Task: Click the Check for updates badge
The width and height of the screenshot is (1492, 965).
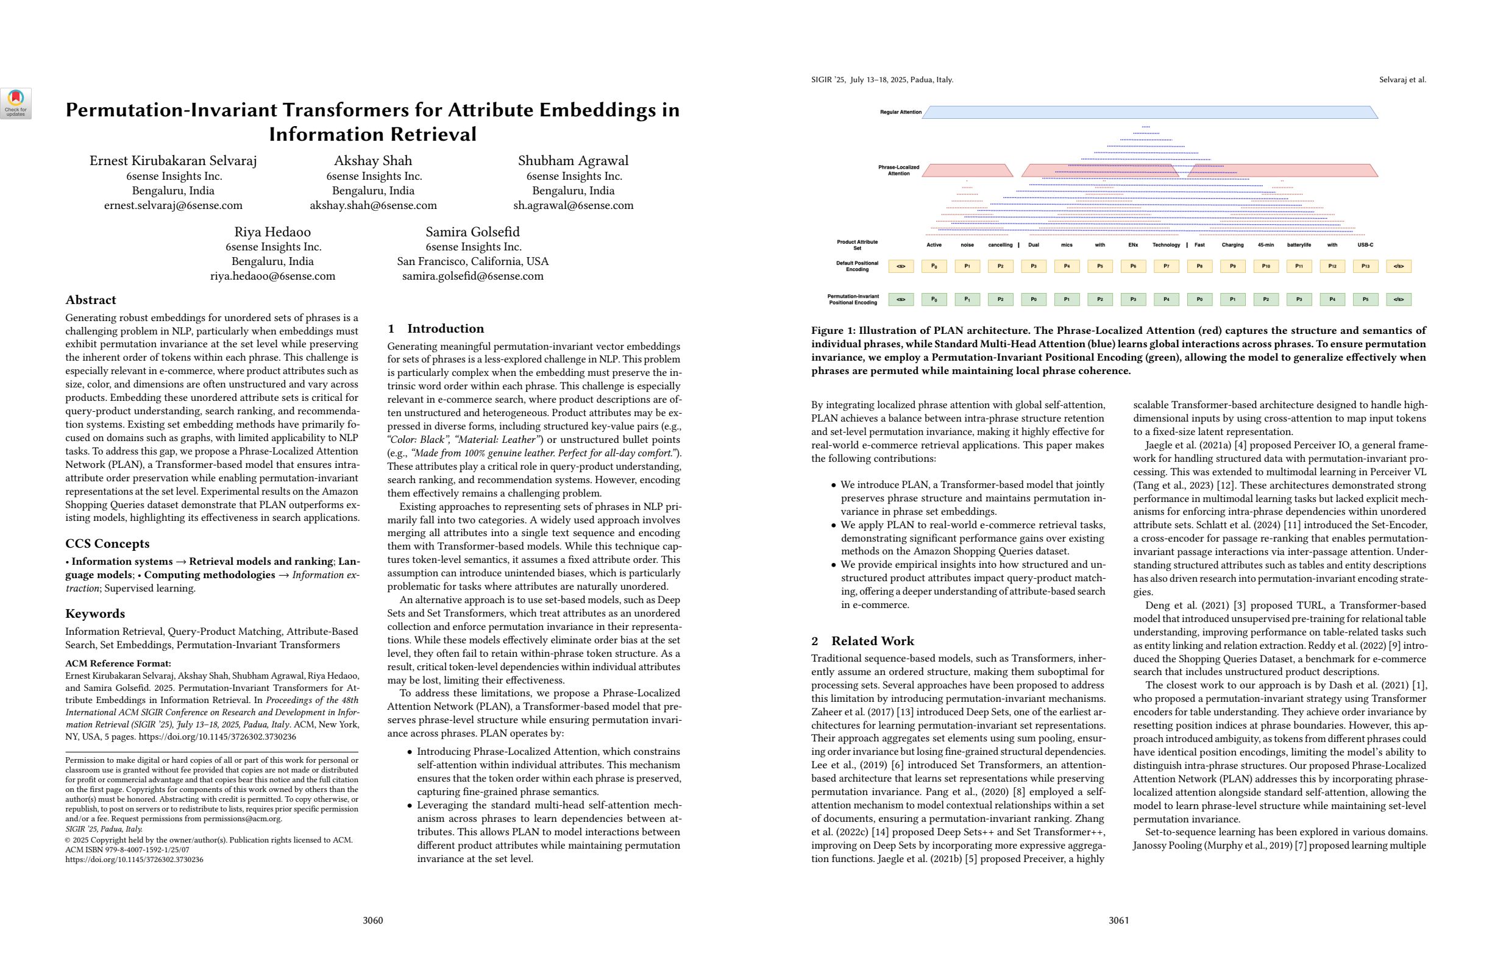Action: [x=16, y=104]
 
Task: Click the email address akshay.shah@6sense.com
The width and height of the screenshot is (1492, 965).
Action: [x=373, y=205]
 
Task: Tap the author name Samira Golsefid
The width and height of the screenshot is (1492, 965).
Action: [x=473, y=232]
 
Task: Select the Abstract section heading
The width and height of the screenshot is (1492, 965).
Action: [x=90, y=300]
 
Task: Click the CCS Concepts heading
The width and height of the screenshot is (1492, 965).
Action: [x=107, y=544]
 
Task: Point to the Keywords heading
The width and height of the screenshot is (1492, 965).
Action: [x=94, y=614]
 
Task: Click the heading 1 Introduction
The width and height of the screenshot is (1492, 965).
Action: [x=436, y=329]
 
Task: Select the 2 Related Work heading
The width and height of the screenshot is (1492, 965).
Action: [x=862, y=641]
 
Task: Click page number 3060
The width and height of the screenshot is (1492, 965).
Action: [x=373, y=921]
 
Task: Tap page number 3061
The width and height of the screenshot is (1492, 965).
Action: [x=1118, y=921]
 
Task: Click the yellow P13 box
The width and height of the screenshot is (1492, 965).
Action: [x=1365, y=266]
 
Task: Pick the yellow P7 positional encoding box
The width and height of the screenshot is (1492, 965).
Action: [x=1166, y=266]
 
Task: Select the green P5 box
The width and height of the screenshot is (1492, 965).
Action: [x=1365, y=300]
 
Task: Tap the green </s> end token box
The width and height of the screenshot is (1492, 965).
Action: [x=1398, y=300]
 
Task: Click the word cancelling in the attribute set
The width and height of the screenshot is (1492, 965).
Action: [x=1000, y=245]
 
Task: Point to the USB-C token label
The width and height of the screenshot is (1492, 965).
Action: [x=1365, y=245]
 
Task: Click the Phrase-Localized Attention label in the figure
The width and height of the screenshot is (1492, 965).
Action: [x=898, y=171]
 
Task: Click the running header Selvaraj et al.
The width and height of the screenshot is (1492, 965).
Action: [x=1402, y=80]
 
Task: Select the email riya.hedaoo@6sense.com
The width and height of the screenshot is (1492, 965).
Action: [x=272, y=277]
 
